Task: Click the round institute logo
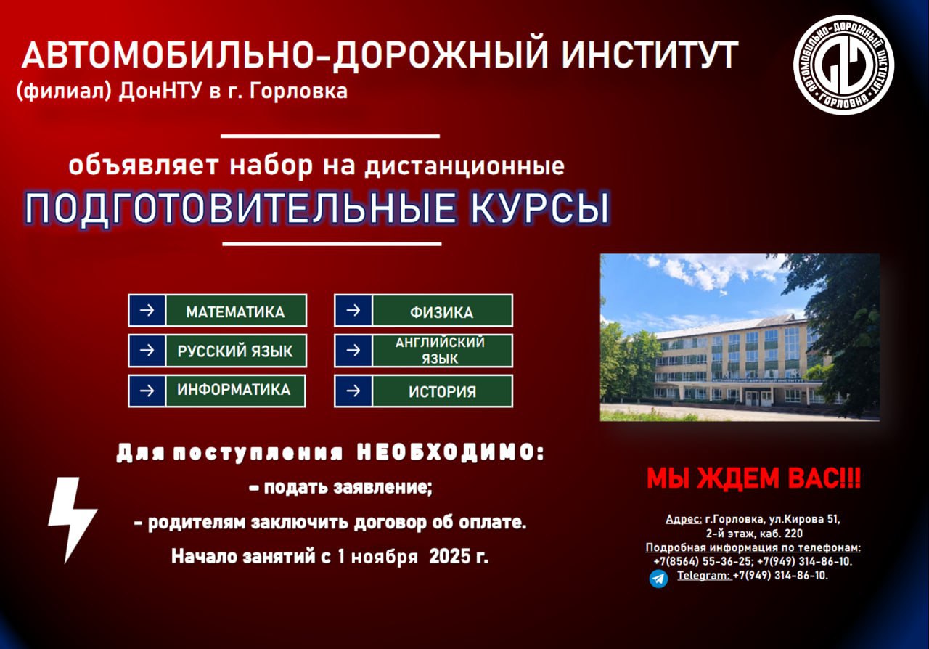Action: click(843, 65)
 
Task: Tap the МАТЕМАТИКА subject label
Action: click(235, 311)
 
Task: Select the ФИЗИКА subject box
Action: click(441, 312)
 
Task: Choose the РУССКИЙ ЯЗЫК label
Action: click(235, 351)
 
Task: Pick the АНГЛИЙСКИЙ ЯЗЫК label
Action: click(441, 351)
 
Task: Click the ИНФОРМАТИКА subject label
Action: click(234, 390)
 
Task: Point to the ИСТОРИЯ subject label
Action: click(442, 392)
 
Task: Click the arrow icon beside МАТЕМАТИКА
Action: click(147, 311)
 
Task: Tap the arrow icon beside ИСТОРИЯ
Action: click(353, 391)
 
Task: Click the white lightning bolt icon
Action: click(71, 518)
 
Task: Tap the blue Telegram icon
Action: click(658, 578)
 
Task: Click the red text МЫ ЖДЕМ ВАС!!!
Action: click(753, 479)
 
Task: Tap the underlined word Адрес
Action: click(683, 519)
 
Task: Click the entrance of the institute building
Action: click(753, 397)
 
